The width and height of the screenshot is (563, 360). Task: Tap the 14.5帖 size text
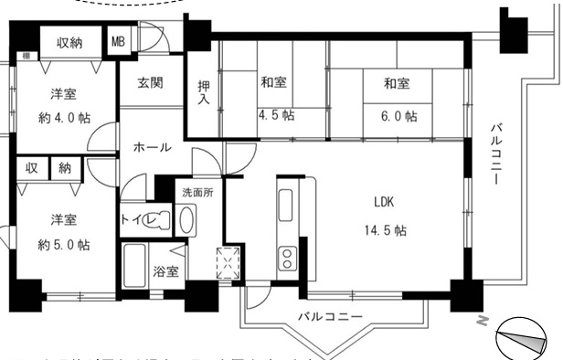(x=384, y=228)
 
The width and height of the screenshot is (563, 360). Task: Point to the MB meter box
(x=119, y=41)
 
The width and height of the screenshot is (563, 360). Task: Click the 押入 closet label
(x=204, y=93)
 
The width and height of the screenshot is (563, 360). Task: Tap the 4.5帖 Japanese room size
(x=274, y=115)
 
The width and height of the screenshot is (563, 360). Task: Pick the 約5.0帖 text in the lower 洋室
(x=63, y=244)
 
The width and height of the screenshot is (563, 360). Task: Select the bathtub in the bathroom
(x=138, y=264)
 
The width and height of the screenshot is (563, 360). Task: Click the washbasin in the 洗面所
(x=187, y=220)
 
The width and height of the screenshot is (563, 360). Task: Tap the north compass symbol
(x=523, y=340)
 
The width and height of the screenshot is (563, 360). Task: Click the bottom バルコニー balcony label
(x=330, y=317)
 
